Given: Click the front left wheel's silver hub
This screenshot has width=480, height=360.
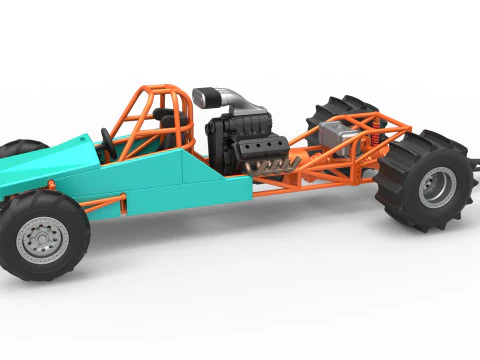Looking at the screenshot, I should point(42,237).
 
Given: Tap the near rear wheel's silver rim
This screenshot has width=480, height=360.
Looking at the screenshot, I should point(436,187).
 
